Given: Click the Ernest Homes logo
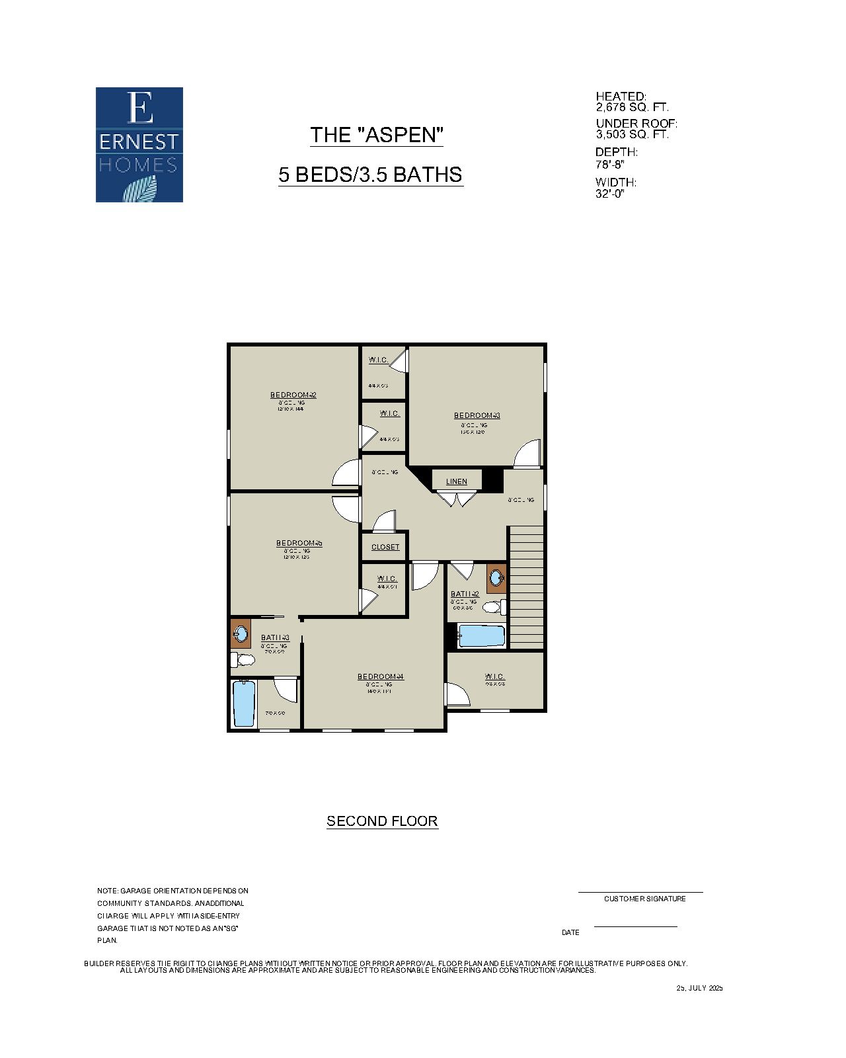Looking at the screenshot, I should click(139, 144).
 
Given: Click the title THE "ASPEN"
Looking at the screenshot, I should click(376, 135).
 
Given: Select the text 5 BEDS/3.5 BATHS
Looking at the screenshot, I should click(370, 175).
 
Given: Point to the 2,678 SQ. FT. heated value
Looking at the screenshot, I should click(632, 107).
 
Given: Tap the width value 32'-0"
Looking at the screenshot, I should click(609, 194).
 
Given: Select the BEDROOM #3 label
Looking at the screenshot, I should click(477, 415).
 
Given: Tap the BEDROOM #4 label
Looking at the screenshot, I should click(380, 676).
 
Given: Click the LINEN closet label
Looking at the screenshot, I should click(456, 481).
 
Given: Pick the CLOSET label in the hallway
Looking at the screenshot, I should click(385, 547).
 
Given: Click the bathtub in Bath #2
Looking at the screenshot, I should click(482, 636).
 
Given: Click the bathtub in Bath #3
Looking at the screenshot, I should click(244, 704).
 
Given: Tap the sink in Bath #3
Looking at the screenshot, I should click(241, 635).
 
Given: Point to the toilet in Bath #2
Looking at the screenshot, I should click(494, 606).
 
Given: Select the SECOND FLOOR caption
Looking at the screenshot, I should click(382, 821).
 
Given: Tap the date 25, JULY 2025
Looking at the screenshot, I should click(699, 988).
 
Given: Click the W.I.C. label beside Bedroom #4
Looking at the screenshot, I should click(494, 676).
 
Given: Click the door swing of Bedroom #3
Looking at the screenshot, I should click(527, 454).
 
